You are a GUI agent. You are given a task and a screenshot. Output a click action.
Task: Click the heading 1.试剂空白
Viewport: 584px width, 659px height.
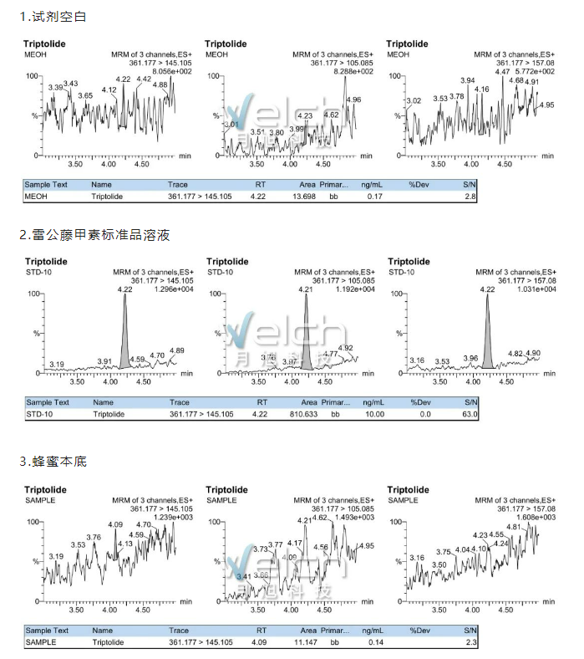[53, 17]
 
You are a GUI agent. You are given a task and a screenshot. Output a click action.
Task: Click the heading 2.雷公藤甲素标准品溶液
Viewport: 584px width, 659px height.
[94, 235]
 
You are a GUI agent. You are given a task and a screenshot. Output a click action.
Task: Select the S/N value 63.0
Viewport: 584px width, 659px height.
[470, 414]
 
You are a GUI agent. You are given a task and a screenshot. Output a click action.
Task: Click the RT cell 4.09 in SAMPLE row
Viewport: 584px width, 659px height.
[262, 642]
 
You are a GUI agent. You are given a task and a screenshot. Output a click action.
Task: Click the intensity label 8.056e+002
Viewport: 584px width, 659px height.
[171, 71]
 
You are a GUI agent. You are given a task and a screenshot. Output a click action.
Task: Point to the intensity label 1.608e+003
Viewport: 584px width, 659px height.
[536, 518]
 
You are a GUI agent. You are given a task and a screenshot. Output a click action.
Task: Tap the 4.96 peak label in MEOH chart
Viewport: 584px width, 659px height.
[353, 100]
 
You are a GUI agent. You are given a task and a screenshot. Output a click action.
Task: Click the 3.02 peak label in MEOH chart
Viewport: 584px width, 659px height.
[414, 101]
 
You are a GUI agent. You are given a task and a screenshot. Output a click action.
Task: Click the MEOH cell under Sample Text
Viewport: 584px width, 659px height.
[36, 196]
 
